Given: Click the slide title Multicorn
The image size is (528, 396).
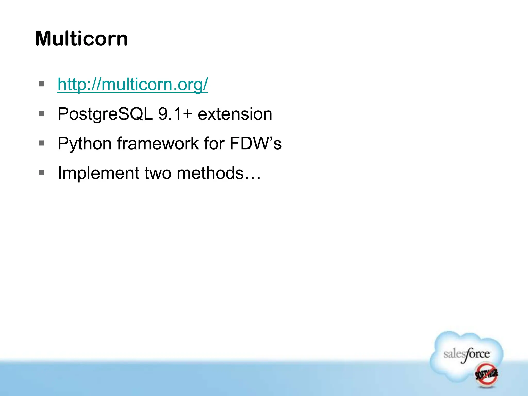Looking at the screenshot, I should [x=81, y=39].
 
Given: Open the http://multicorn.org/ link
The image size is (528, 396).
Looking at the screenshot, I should [x=133, y=84].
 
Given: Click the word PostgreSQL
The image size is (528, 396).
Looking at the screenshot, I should [x=105, y=114].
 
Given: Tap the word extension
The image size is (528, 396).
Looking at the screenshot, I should [x=235, y=114].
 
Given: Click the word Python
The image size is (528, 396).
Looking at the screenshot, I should [x=85, y=144].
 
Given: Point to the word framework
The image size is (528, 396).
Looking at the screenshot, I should [x=158, y=143].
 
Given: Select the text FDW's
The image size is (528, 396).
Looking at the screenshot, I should [x=255, y=143].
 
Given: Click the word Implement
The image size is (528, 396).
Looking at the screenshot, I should [x=98, y=173].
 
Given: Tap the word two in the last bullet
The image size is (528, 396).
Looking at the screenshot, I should [x=158, y=173].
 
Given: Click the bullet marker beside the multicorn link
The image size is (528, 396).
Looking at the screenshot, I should [x=42, y=84].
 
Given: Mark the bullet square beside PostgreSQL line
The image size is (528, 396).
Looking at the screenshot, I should [x=42, y=113].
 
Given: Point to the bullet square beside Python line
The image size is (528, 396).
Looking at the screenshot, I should [x=42, y=143].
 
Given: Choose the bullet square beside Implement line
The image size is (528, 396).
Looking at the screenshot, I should [x=42, y=172].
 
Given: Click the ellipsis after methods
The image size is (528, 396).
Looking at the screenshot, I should [x=253, y=177].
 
